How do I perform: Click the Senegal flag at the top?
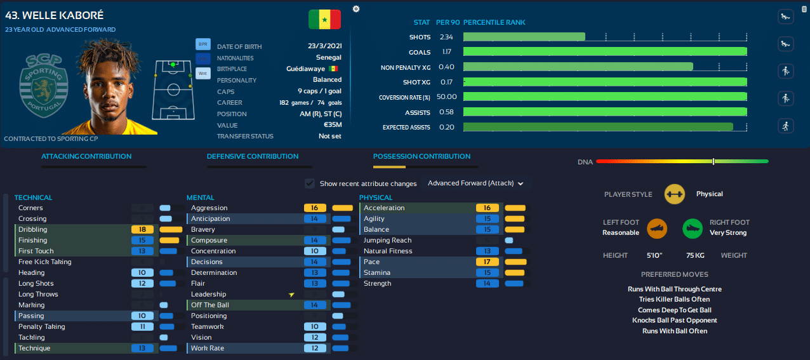[x=324, y=19]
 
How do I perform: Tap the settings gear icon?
[x=356, y=9]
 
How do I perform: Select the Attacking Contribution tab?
[x=86, y=156]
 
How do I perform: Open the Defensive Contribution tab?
[x=253, y=156]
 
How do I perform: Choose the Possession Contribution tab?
[x=422, y=156]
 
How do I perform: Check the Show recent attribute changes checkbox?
[x=310, y=183]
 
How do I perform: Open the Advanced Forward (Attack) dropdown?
[x=475, y=183]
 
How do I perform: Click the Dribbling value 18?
[x=142, y=229]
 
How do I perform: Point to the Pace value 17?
[x=487, y=262]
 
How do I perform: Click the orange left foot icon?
[x=656, y=229]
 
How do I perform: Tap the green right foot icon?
[x=692, y=229]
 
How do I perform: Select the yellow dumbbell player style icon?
[x=674, y=194]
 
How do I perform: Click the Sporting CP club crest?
[x=44, y=86]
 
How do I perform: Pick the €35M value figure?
[x=333, y=125]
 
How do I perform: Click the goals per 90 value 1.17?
[x=447, y=51]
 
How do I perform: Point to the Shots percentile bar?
[x=524, y=37]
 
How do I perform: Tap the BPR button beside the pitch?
[x=203, y=44]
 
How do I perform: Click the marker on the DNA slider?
[x=714, y=161]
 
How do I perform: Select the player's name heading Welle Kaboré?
[x=54, y=15]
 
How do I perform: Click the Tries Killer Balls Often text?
[x=674, y=299]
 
